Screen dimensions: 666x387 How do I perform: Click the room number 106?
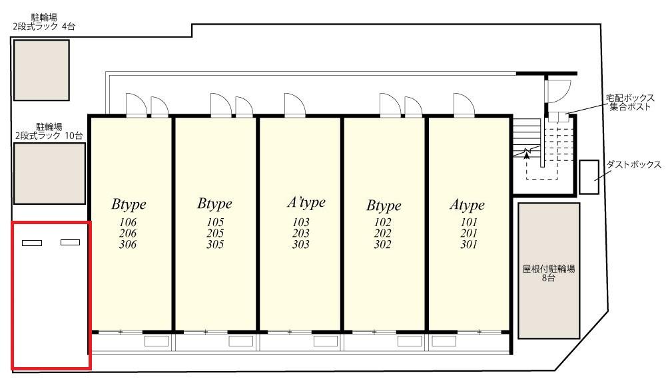[x=128, y=222]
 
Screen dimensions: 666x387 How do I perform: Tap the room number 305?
[x=215, y=244]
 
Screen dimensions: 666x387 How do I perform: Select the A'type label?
[x=306, y=203]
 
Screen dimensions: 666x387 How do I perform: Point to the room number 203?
[x=301, y=233]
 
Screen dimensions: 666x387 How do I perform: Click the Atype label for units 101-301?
[x=468, y=205]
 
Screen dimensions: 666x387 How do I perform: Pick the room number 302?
[x=383, y=244]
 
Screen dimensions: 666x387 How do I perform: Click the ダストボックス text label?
[x=634, y=164]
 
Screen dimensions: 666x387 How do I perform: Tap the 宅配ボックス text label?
[x=630, y=98]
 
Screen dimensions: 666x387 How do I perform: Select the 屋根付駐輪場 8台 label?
[x=548, y=273]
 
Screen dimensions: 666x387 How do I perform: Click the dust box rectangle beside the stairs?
[x=589, y=177]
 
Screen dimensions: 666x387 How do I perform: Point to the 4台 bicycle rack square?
[x=41, y=70]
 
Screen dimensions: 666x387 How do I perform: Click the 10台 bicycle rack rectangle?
[x=50, y=174]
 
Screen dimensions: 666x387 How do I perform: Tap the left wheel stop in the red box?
[x=32, y=243]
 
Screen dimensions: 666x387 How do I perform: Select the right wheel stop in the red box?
[x=70, y=243]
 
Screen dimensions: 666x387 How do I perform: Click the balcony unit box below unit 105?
[x=241, y=341]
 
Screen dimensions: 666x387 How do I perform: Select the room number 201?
[x=469, y=233]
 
